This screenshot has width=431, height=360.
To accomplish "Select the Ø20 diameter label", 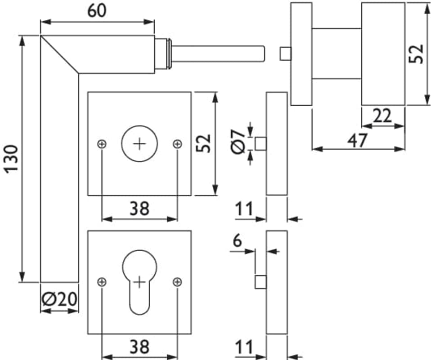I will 59,299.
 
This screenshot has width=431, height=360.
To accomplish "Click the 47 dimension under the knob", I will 358,140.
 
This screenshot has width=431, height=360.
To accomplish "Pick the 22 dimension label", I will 382,117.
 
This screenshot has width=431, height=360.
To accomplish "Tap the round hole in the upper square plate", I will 139,144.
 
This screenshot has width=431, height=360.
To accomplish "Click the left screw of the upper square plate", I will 102,144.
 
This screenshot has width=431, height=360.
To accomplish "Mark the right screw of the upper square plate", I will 177,144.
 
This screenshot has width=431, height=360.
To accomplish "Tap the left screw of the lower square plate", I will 102,282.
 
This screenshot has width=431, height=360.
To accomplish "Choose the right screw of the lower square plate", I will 177,282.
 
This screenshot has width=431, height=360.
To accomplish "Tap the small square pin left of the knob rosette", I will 285,54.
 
